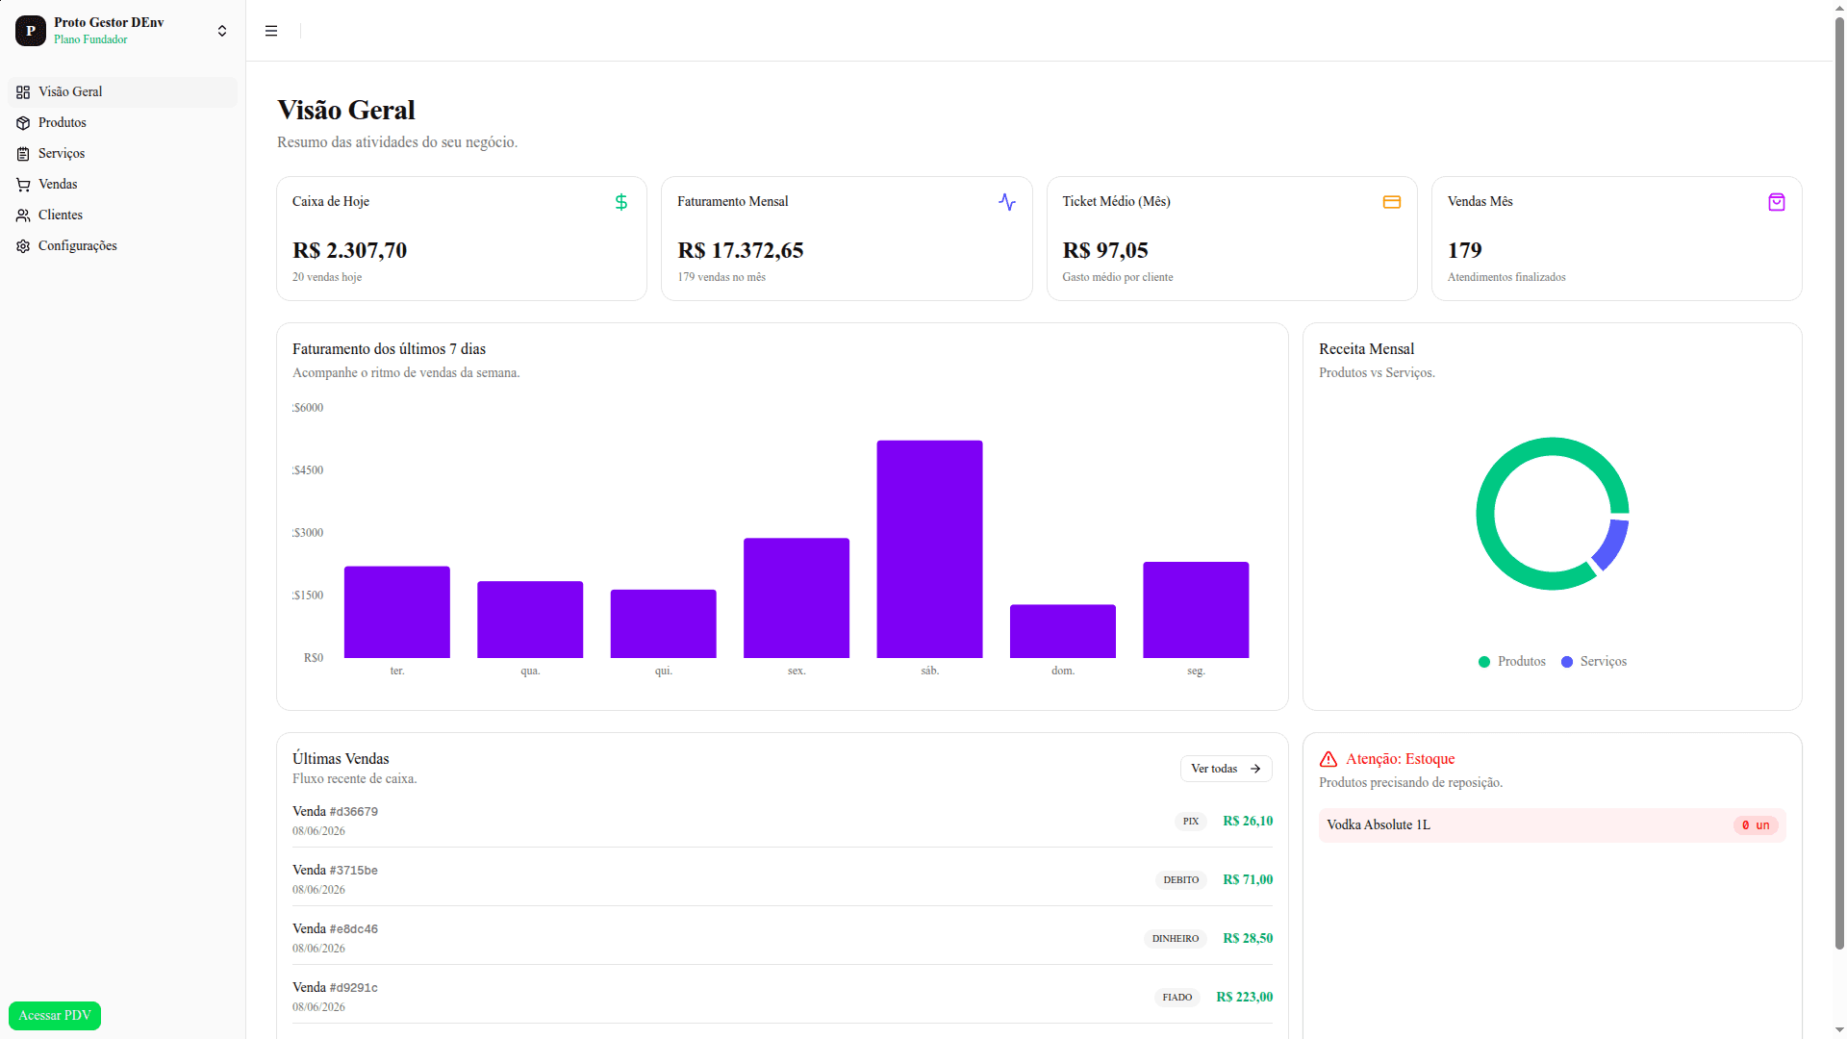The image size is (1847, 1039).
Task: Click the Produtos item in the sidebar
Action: tap(63, 123)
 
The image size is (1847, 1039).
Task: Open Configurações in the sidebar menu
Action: tap(77, 246)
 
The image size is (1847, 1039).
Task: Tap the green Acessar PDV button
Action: tap(55, 1016)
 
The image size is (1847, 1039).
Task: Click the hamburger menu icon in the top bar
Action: tap(271, 31)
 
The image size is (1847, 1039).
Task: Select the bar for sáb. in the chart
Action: tap(929, 549)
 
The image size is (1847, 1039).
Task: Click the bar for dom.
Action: tap(1063, 631)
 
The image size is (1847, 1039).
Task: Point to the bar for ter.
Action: tap(397, 612)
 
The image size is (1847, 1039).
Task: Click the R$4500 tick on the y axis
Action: tap(308, 470)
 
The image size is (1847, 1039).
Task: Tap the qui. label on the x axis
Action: tap(664, 671)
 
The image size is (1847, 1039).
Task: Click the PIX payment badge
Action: tap(1191, 822)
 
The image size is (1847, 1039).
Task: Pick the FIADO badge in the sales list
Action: tap(1177, 998)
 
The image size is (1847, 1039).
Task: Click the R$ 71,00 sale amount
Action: tap(1248, 880)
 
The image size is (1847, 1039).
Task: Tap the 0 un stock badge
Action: tap(1756, 825)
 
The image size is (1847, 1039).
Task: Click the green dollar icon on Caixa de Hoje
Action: tap(621, 202)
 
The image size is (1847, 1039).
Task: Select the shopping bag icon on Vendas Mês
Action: tap(1777, 202)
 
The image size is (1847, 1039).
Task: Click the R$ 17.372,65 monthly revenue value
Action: tap(741, 251)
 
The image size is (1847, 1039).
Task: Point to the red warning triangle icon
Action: tap(1328, 759)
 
